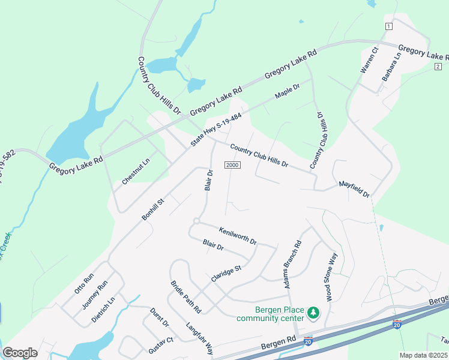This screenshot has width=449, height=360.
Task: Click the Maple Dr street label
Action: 287,92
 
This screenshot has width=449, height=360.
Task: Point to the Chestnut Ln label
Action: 136,171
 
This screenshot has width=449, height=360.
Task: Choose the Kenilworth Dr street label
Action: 238,235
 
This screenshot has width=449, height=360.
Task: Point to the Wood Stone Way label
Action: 331,277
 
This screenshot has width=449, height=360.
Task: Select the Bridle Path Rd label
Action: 185,296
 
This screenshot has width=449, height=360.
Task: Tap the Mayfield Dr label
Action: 354,189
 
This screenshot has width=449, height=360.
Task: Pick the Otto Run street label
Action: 84,283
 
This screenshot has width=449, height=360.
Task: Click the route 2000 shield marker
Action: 232,165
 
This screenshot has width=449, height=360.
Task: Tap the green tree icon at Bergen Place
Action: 312,313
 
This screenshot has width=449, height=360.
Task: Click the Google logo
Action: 20,353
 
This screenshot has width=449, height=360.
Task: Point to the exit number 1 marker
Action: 389,26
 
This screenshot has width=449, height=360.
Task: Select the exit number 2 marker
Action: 438,66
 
